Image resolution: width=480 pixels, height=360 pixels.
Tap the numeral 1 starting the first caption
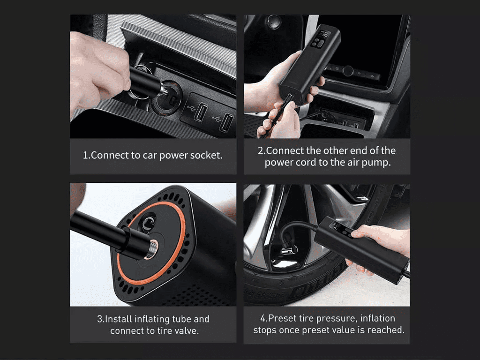pos(86,155)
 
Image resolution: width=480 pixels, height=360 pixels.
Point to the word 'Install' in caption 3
pos(119,319)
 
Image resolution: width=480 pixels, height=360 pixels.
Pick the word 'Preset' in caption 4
pos(282,318)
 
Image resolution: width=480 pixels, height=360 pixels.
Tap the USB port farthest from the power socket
pos(227,122)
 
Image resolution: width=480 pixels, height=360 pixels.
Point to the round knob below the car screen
pos(348,71)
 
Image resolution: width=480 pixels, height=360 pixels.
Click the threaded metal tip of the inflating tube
pos(152,248)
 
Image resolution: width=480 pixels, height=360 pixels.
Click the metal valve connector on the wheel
pos(289,251)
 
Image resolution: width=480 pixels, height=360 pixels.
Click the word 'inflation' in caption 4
pos(378,318)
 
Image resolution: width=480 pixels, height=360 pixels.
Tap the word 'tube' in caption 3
pos(181,319)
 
